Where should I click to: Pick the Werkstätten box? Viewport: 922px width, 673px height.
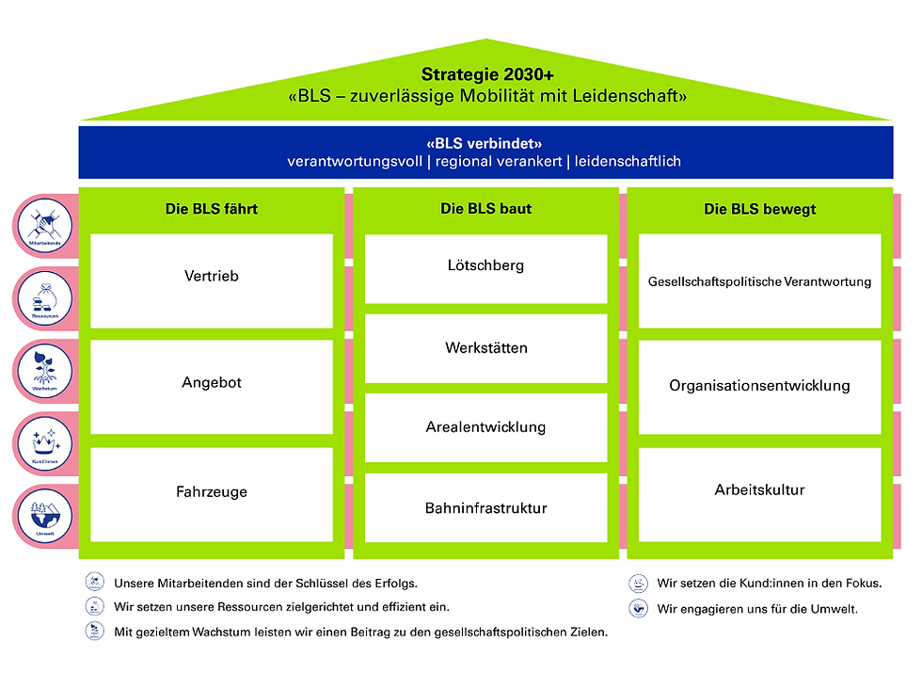point(485,348)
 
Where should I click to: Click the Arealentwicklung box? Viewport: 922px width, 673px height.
point(485,428)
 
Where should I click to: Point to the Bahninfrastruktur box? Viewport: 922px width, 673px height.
point(485,508)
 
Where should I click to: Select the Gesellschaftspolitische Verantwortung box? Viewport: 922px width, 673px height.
point(759,281)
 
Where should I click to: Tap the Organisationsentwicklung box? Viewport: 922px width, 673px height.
point(759,386)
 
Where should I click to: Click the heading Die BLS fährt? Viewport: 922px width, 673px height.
point(212,209)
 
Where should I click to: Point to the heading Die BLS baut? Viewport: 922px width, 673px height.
point(485,209)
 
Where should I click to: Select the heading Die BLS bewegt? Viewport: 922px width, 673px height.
point(759,209)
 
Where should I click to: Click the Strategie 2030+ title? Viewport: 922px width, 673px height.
point(486,74)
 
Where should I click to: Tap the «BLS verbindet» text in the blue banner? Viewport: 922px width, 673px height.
point(485,144)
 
